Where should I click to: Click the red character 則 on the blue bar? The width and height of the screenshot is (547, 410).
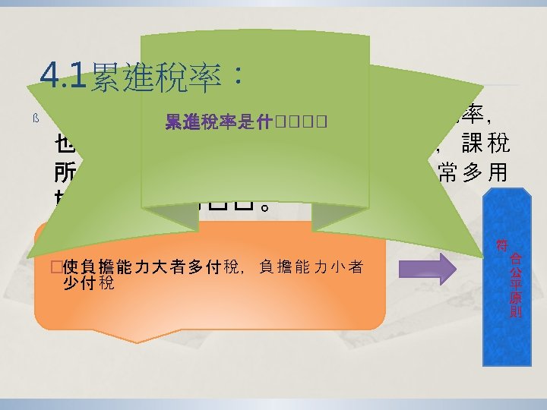point(515,311)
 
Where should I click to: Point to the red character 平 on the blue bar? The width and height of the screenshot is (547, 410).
point(515,282)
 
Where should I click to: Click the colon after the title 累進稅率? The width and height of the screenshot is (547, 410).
point(239,77)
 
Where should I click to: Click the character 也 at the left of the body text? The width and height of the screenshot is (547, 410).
point(65,143)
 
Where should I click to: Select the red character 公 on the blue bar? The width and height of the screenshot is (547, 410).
point(515,269)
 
